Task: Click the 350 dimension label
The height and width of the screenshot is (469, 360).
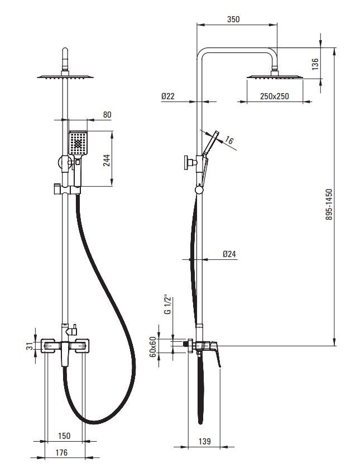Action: (x=233, y=19)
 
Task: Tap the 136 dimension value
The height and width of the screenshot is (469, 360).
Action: (x=315, y=64)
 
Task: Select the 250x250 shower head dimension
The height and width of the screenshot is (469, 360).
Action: (x=275, y=96)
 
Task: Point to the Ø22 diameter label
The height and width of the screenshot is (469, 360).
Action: (x=167, y=96)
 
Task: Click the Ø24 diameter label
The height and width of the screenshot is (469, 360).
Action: (x=229, y=254)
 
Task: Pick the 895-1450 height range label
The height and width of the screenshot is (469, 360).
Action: (x=329, y=204)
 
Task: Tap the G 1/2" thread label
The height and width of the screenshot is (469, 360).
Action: (x=168, y=305)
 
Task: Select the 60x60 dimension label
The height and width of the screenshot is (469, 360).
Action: (x=153, y=347)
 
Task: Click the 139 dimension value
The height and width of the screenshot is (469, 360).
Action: (x=204, y=441)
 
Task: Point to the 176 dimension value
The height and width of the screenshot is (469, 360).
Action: (x=61, y=452)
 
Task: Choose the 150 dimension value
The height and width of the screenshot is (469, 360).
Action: (x=64, y=436)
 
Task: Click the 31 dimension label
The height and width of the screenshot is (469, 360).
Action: (x=30, y=346)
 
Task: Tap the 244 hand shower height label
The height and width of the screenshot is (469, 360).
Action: (x=107, y=160)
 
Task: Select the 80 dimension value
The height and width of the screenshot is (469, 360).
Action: (x=107, y=114)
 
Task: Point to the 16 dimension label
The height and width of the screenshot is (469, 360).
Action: (x=229, y=140)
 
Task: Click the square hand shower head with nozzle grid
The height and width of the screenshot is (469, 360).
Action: (x=78, y=143)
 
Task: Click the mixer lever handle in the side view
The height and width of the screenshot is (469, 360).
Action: (x=217, y=354)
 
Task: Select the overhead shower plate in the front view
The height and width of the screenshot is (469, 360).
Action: (x=65, y=76)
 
